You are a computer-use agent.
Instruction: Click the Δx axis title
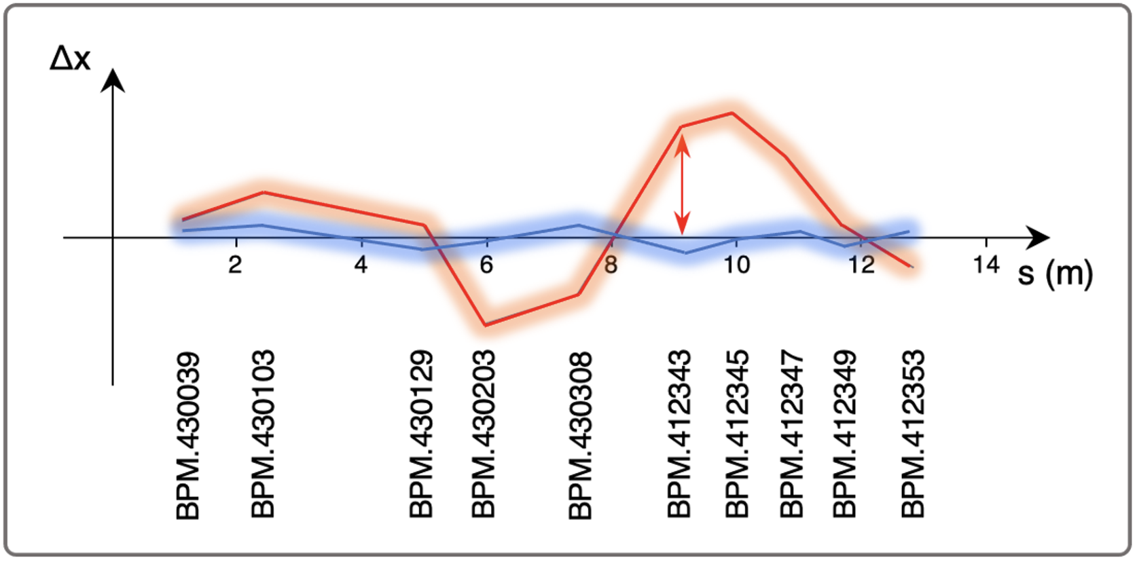[70, 58]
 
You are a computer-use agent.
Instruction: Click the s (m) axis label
[1055, 273]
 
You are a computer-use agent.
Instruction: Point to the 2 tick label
[235, 265]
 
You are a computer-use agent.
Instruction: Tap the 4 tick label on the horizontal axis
[361, 265]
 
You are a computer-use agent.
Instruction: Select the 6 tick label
[486, 265]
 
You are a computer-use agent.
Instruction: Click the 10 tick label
[736, 265]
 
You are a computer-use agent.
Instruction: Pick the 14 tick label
[986, 265]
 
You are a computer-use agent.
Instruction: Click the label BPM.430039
[188, 436]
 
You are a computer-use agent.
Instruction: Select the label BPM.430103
[263, 434]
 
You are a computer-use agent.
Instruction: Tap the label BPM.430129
[421, 434]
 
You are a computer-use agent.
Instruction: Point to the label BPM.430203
[483, 434]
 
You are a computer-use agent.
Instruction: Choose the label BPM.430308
[580, 436]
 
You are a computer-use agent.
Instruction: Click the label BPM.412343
[679, 434]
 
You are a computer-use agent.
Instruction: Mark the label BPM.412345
[737, 434]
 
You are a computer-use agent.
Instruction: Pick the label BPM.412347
[791, 434]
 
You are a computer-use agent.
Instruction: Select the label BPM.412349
[844, 434]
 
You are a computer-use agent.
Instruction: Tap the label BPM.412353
[913, 434]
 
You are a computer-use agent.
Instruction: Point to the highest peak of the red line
[732, 113]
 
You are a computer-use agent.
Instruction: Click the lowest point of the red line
[486, 325]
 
